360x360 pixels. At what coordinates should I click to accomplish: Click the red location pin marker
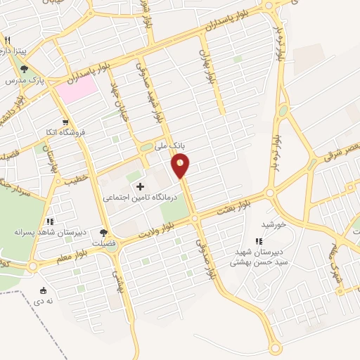[181, 166]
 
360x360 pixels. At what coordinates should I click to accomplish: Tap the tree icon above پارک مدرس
[25, 69]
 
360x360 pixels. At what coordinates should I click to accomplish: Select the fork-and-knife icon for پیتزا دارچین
[7, 40]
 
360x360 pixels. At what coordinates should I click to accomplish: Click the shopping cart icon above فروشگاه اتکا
[65, 121]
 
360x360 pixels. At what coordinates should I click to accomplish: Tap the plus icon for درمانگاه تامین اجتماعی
[140, 186]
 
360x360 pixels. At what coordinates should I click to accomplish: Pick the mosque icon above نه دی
[44, 290]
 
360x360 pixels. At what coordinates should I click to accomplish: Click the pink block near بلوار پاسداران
[76, 88]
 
